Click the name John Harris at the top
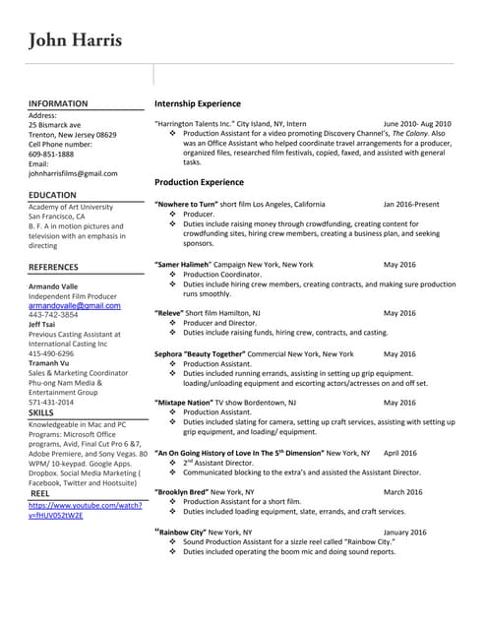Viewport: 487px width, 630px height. point(76,40)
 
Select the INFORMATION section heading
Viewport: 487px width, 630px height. point(58,103)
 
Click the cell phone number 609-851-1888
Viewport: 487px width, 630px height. point(51,154)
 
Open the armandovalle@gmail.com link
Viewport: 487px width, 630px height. point(75,306)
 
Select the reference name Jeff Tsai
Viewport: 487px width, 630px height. point(41,324)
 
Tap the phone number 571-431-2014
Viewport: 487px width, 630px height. point(51,402)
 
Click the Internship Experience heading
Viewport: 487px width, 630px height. point(197,103)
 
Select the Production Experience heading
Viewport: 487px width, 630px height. point(199,182)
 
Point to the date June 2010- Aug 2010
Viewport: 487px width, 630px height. point(417,124)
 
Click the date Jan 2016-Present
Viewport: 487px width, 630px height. point(410,204)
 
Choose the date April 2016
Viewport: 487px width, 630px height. point(399,453)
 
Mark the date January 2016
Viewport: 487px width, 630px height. point(404,532)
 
